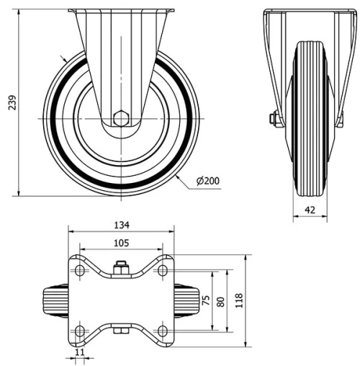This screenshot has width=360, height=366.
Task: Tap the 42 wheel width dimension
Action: coord(310,210)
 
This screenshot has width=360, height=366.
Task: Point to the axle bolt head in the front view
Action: coord(274,117)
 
